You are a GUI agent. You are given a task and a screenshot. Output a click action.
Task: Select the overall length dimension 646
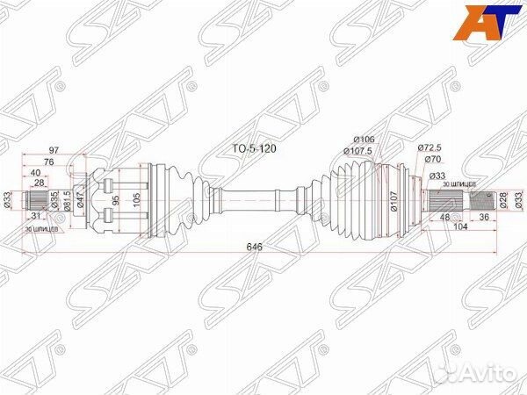[256, 247]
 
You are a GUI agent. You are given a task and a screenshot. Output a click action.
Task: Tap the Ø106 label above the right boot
[365, 140]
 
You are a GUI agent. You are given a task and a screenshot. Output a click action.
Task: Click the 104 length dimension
[459, 226]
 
